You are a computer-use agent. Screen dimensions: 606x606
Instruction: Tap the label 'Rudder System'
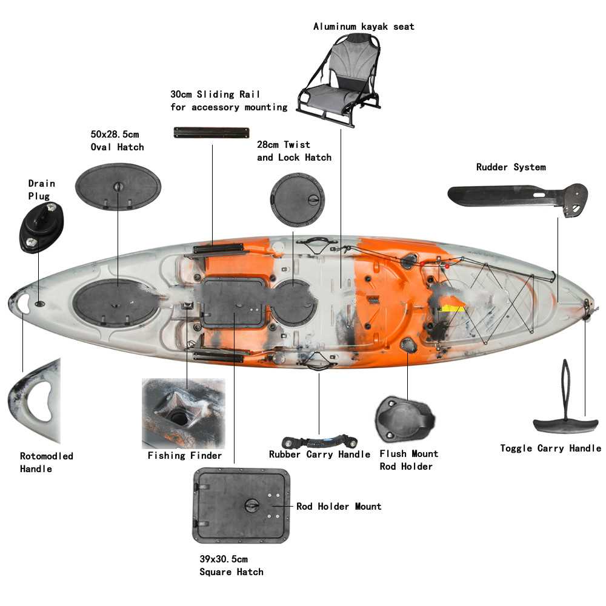click(510, 167)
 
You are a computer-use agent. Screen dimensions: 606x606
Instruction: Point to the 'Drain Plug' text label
click(42, 189)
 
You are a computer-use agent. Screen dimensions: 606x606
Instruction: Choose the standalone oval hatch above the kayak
click(118, 187)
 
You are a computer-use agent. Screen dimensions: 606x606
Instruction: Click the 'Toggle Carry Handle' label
click(550, 448)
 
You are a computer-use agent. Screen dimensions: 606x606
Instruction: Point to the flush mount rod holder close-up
click(405, 419)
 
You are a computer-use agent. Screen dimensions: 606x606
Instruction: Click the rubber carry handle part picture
click(319, 440)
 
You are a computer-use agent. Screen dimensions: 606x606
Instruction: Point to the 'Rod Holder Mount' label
click(339, 506)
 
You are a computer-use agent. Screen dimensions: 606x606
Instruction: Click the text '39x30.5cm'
click(224, 559)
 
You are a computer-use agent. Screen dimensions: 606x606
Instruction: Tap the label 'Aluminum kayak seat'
click(364, 27)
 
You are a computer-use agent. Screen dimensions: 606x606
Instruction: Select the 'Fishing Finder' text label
click(185, 456)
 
